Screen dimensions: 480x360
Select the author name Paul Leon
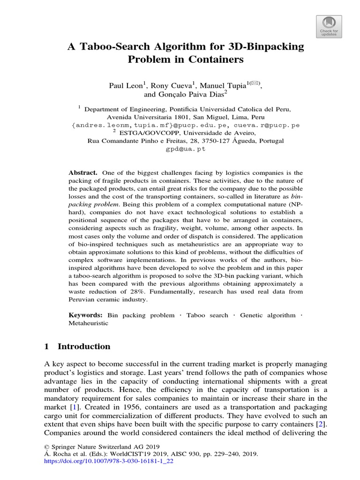(x=127, y=86)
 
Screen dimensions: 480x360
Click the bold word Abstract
(x=82, y=173)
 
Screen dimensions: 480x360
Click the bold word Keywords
(x=85, y=315)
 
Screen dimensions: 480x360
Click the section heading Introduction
(x=84, y=347)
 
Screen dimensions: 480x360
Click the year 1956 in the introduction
(x=137, y=405)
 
